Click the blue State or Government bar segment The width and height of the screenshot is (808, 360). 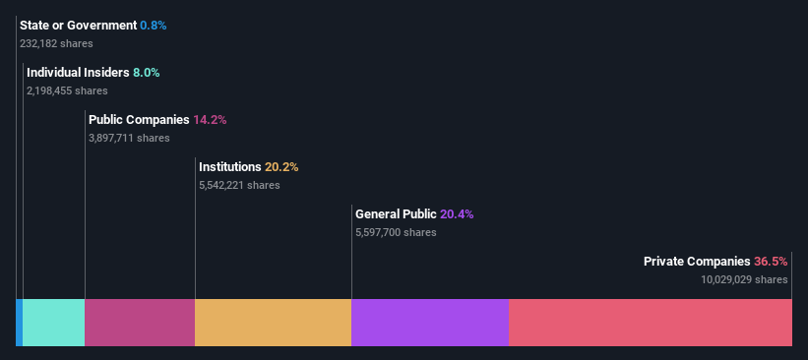[19, 323]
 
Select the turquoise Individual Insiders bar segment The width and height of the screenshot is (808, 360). [53, 323]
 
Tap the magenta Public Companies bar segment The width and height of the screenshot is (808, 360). [140, 323]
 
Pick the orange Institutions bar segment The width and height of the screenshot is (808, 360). [273, 323]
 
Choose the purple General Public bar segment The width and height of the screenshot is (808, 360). [430, 323]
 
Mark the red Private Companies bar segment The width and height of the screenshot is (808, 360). [651, 323]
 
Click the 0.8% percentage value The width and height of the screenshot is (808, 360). [154, 25]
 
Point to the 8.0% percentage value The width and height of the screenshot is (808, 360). [146, 73]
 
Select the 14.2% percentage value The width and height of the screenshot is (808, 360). [210, 120]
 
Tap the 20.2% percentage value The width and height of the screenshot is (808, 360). [281, 167]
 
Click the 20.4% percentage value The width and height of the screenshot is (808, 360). [457, 214]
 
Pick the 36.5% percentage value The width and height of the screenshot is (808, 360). [771, 262]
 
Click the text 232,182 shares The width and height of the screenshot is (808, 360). [60, 43]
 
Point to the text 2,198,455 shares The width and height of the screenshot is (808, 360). [67, 90]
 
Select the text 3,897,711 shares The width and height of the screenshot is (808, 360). [129, 138]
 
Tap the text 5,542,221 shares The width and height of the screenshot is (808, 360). [239, 185]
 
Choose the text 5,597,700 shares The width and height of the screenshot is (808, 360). [396, 232]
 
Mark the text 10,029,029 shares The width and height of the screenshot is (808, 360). [744, 279]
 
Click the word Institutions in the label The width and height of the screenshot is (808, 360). [230, 167]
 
